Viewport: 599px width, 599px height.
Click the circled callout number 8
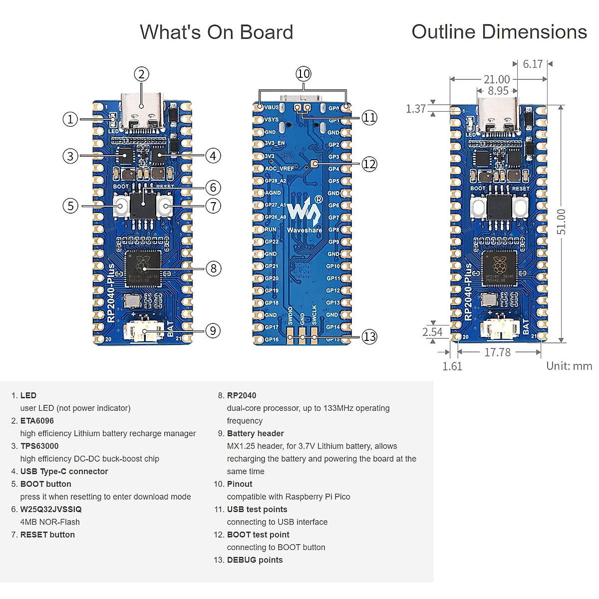click(213, 269)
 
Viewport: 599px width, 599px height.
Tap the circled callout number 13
click(369, 337)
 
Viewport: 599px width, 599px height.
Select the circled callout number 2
click(142, 74)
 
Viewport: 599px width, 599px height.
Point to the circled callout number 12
click(369, 164)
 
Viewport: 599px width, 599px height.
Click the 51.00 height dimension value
click(562, 222)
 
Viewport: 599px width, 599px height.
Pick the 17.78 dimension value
click(497, 352)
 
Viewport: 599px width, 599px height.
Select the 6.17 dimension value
click(533, 64)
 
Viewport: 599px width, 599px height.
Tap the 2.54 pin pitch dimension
click(432, 332)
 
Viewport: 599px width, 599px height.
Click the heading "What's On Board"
click(216, 32)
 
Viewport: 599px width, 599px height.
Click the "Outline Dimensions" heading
click(499, 32)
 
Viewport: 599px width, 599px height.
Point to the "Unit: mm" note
click(569, 366)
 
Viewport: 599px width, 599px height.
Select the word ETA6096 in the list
click(37, 421)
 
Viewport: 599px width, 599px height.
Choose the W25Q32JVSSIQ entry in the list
click(51, 509)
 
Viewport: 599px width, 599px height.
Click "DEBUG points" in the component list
click(255, 560)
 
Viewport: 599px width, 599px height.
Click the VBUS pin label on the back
click(272, 107)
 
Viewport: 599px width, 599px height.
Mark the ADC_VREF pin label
click(279, 169)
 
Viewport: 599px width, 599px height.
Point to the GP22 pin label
click(272, 242)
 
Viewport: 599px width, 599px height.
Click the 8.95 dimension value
click(498, 91)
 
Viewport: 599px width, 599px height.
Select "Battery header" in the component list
click(255, 433)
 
